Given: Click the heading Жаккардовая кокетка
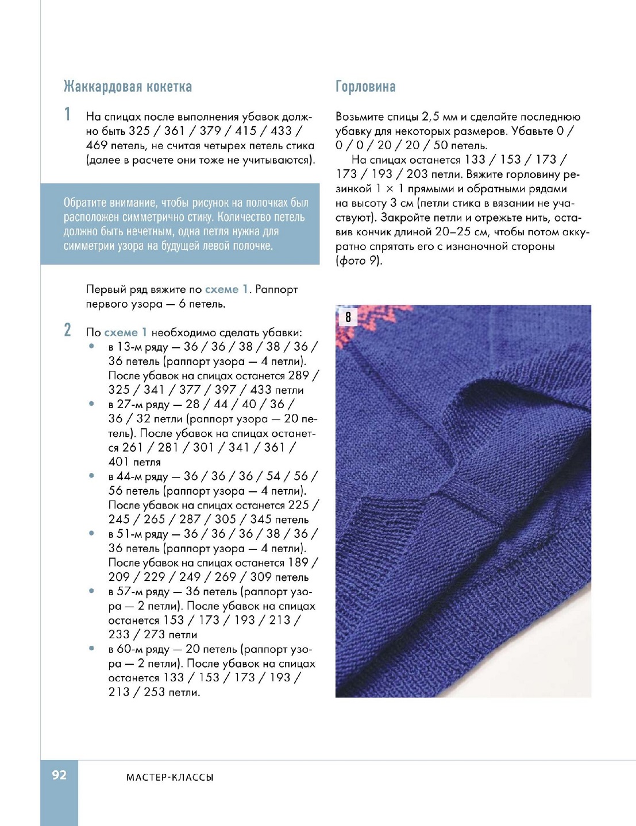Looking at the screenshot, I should point(128,87).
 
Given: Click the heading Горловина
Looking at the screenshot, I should point(365,87).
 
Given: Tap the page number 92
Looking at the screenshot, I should point(59,775).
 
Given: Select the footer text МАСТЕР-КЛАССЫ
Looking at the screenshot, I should point(169,777).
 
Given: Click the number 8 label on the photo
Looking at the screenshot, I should point(348,317).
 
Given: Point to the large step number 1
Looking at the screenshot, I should point(68,114).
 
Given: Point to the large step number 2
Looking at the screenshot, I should point(68,330).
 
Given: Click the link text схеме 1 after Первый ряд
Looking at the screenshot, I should point(226,289).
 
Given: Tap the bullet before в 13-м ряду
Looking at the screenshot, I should point(91,346).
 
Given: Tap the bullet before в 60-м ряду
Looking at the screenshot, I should point(91,649).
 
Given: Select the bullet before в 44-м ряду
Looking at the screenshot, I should point(91,476).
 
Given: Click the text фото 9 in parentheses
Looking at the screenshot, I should point(359,261).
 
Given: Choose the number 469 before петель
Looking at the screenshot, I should point(97,145).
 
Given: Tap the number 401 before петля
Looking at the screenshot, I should point(119,462).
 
